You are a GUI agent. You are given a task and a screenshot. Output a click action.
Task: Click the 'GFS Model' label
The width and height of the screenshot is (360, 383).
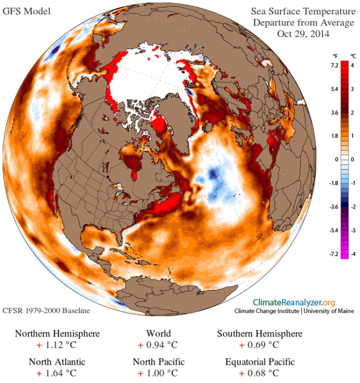click(27, 10)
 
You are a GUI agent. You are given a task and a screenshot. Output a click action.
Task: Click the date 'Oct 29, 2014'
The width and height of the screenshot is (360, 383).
click(303, 34)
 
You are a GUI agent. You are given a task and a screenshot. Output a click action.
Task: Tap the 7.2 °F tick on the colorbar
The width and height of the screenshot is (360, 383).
click(335, 65)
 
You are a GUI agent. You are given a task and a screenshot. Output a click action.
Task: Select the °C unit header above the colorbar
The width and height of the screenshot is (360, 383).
click(353, 56)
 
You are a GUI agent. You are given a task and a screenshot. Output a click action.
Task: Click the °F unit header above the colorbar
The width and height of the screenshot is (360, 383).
click(335, 56)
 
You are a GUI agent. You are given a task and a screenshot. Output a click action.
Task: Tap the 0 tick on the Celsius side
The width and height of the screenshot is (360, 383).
click(352, 159)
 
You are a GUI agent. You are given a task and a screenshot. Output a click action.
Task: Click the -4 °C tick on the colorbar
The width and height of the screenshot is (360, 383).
click(352, 253)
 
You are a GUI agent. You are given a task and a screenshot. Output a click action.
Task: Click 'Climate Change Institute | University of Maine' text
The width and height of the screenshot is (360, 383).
click(294, 311)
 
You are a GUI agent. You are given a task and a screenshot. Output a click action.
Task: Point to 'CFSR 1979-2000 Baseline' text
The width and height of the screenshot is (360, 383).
click(46, 310)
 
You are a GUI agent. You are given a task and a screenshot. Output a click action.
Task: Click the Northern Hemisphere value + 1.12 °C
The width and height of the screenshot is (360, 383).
click(58, 345)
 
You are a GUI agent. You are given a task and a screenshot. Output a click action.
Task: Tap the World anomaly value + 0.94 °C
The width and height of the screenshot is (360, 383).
click(158, 345)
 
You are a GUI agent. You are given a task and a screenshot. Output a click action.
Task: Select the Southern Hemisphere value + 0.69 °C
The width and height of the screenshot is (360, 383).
click(259, 345)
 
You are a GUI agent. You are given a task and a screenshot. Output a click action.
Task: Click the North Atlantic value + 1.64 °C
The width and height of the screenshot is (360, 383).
click(58, 374)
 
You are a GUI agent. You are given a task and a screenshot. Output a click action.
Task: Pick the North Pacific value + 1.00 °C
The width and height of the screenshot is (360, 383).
click(158, 374)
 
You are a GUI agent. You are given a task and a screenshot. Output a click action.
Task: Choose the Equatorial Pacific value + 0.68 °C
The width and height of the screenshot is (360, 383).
click(259, 374)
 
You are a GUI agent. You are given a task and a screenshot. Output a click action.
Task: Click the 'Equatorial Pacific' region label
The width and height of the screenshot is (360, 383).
click(260, 362)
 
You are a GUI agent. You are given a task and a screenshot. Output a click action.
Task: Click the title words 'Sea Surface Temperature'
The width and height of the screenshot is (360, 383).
click(303, 11)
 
